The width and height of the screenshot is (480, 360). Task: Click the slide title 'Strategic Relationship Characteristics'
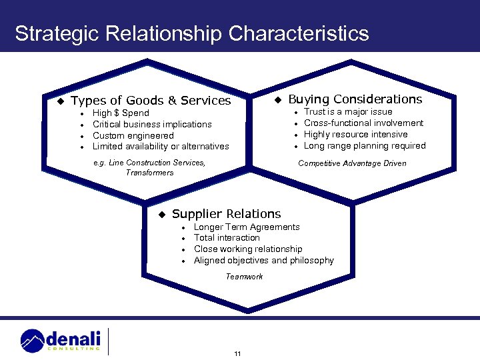192,33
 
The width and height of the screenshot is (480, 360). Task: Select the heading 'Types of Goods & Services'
151,101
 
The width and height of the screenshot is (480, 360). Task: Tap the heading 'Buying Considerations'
355,99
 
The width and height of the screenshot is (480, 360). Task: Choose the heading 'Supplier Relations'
227,214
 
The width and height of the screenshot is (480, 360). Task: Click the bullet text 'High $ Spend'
121,113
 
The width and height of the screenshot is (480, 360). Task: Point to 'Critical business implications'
152,125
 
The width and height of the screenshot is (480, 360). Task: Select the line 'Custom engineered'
133,135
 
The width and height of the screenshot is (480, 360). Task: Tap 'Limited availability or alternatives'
161,147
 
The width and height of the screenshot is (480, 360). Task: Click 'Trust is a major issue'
348,112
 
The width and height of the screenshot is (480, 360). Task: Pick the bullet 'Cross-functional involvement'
364,123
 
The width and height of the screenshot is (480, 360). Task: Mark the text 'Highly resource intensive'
356,135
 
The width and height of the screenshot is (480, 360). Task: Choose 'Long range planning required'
365,146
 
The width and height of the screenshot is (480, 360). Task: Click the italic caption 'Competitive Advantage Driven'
352,163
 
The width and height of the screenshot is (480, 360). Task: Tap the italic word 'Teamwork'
244,277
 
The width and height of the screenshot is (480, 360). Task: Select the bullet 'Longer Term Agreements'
247,227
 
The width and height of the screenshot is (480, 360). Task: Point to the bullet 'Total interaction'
227,238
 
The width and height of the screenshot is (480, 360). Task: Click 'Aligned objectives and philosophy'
264,261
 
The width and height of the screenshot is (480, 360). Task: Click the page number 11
237,353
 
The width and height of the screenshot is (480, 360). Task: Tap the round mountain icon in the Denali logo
33,341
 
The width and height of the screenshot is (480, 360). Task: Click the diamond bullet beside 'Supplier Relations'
161,215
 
